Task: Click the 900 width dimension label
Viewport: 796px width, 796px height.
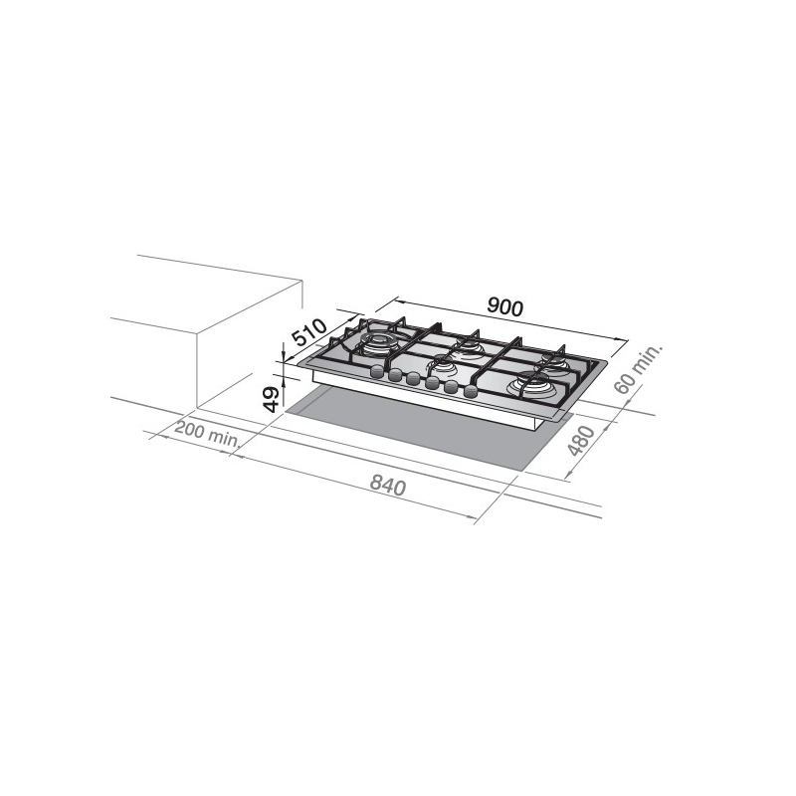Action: [x=505, y=308]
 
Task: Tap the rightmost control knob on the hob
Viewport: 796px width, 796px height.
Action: [x=469, y=391]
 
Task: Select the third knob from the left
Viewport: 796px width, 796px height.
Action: [x=413, y=379]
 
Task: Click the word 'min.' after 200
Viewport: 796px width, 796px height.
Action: [x=226, y=438]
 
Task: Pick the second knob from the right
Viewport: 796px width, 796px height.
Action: [x=450, y=387]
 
